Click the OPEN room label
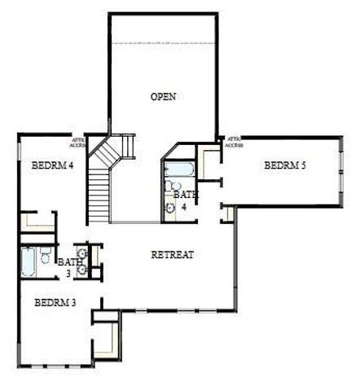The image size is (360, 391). (164, 97)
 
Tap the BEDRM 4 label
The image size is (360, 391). (52, 165)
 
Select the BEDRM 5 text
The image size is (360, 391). (285, 165)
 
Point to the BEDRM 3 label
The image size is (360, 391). (55, 303)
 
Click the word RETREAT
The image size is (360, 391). (173, 255)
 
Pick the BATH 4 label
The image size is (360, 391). (186, 200)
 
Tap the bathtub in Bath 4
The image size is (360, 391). (178, 171)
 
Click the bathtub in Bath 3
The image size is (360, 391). (29, 262)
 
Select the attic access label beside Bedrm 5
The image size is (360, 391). (235, 142)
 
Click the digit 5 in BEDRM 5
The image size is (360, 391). (302, 165)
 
